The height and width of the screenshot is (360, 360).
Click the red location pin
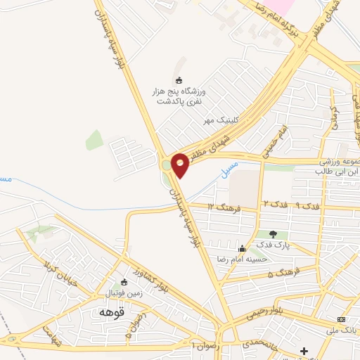click(x=180, y=165)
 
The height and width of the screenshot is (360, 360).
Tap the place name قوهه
click(x=111, y=312)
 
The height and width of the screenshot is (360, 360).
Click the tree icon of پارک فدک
click(x=274, y=234)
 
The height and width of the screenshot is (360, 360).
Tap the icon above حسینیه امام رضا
click(x=243, y=248)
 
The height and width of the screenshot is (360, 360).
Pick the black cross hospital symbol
click(x=304, y=351)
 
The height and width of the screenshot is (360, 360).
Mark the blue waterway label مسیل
click(x=229, y=169)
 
